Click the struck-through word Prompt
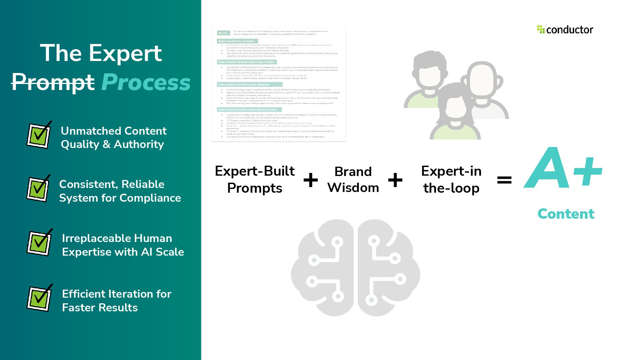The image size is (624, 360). click(53, 82)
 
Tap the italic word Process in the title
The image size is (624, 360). click(146, 82)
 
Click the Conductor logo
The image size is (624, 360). click(565, 30)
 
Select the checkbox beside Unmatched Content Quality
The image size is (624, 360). click(39, 135)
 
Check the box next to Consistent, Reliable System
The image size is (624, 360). click(38, 189)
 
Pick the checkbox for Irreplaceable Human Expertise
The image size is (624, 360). click(39, 243)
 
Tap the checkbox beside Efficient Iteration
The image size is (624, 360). click(39, 298)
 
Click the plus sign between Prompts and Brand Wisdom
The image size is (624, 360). click(311, 180)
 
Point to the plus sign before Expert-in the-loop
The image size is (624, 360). click(395, 180)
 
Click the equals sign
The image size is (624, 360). click(504, 180)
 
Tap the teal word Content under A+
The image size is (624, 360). click(566, 214)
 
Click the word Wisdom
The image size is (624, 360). click(353, 188)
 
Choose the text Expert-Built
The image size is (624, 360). click(255, 171)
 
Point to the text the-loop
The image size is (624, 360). click(451, 188)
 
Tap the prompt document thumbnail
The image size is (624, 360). click(279, 84)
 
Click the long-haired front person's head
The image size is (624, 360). click(455, 103)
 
